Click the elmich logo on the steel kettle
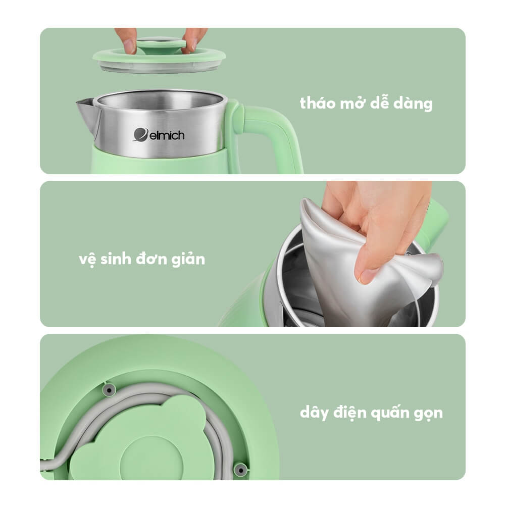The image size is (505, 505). pos(159,135)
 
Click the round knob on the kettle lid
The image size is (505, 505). pos(161,45)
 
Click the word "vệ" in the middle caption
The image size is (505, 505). pos(87,260)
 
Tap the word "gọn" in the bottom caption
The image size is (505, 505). pos(426,413)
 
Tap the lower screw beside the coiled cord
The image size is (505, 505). pos(240,470)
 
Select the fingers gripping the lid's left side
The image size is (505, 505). pos(127,40)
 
